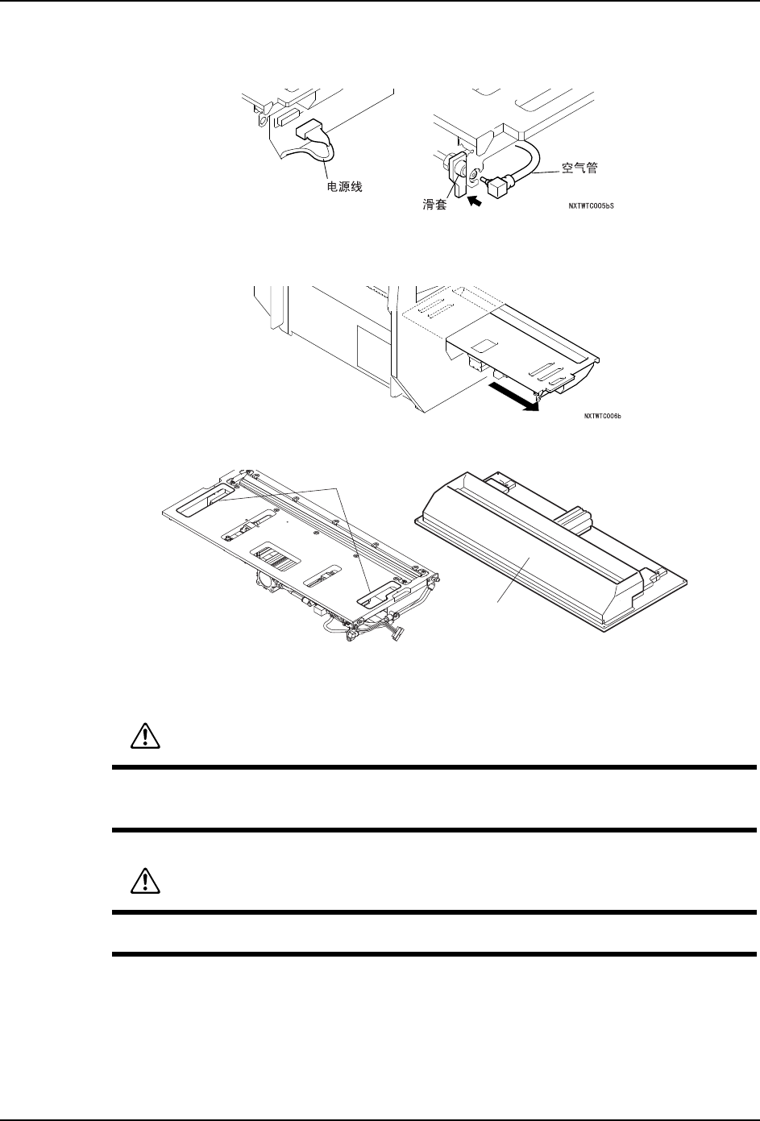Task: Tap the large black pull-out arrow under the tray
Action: point(516,401)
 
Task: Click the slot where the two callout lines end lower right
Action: point(376,596)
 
